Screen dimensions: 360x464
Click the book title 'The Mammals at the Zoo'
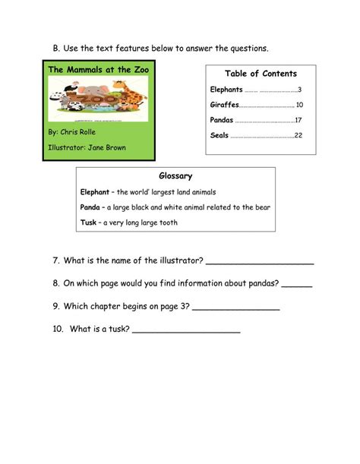(99, 70)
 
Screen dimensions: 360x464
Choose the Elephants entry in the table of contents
(226, 90)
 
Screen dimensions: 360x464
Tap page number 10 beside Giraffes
(299, 105)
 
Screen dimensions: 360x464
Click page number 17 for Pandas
(298, 120)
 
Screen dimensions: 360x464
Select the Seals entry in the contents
(219, 135)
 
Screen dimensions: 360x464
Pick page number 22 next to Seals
(298, 135)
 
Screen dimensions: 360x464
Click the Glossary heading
(175, 176)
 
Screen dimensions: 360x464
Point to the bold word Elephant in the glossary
(96, 192)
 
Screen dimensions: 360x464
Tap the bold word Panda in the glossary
(90, 207)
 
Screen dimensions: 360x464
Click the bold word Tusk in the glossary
(88, 223)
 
